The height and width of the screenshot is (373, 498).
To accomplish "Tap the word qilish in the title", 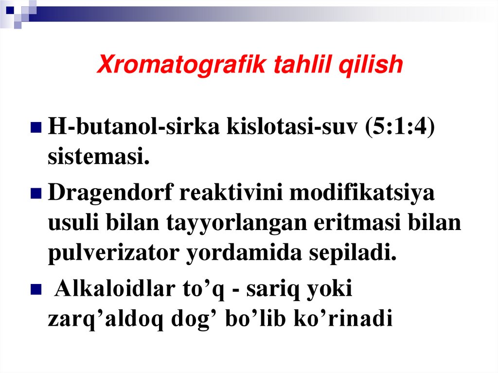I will pyautogui.click(x=374, y=65).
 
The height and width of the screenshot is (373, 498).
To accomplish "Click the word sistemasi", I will pyautogui.click(x=98, y=157).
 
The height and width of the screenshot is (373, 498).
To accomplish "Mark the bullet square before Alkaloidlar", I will pyautogui.click(x=36, y=291).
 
